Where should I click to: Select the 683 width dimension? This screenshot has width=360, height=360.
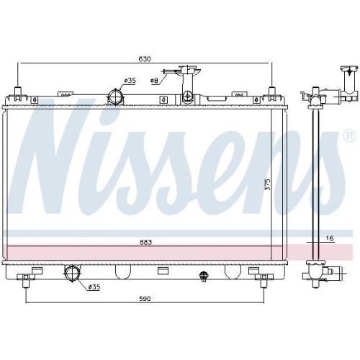[x=145, y=242]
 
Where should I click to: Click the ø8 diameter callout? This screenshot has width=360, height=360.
[x=155, y=81]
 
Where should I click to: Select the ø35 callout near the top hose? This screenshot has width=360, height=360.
[x=130, y=80]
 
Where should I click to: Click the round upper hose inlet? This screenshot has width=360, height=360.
[x=115, y=97]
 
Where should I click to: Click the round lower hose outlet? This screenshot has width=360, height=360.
[x=73, y=273]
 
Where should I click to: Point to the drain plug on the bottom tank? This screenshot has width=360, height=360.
[x=204, y=274]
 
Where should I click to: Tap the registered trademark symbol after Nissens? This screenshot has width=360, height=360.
[x=348, y=135]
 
